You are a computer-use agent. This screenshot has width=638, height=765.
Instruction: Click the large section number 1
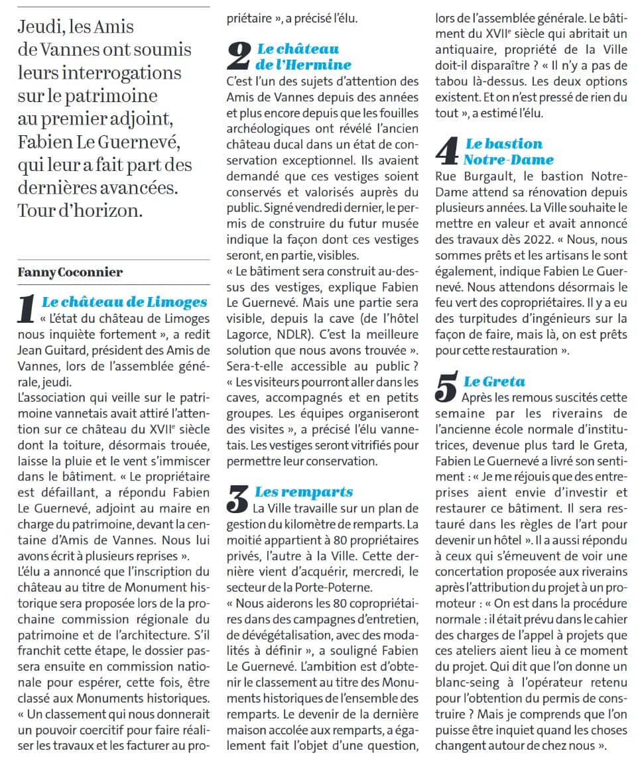(27, 310)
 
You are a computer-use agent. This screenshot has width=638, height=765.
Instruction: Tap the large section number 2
(238, 57)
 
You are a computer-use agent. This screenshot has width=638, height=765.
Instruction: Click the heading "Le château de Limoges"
(124, 302)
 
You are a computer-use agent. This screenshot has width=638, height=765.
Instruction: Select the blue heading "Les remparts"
(304, 492)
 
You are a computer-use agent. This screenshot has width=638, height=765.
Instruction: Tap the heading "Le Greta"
(494, 381)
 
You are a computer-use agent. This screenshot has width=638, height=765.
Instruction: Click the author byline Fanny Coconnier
(70, 272)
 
